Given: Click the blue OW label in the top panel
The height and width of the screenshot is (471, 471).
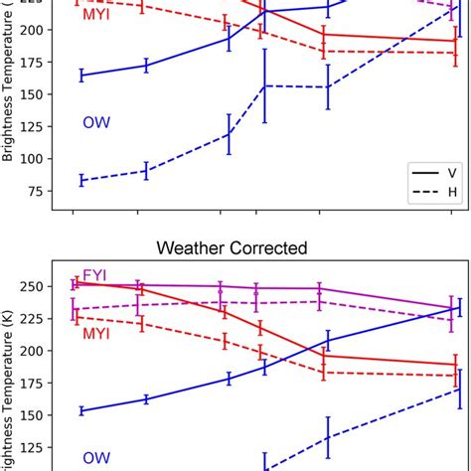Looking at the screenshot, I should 95,122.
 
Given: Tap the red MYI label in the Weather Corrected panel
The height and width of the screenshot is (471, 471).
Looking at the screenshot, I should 96,334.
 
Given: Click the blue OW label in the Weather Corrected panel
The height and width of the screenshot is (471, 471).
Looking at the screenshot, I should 95,457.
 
